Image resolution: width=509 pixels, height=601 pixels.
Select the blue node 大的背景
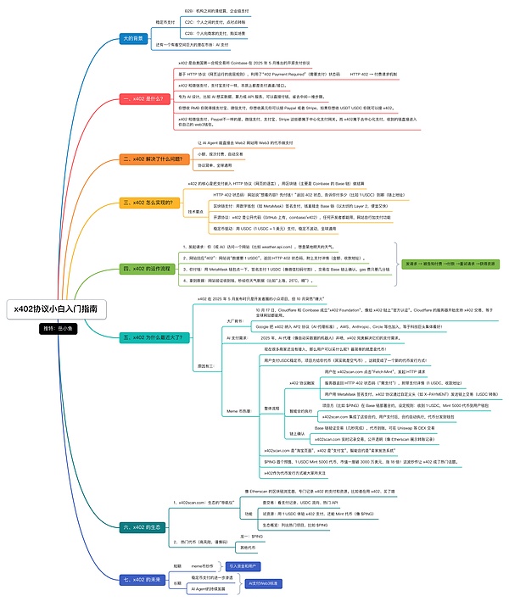[x=133, y=38]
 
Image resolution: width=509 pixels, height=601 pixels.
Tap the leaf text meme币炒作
[x=200, y=565]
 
